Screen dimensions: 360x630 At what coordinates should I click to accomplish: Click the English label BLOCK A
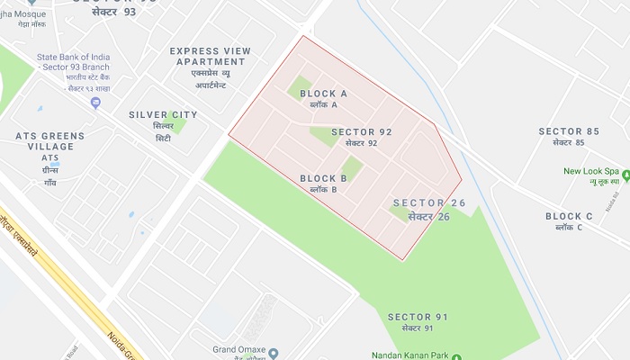[x=323, y=94]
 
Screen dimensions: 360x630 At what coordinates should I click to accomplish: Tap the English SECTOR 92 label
[x=362, y=132]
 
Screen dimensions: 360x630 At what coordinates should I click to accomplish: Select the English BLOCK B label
[x=323, y=178]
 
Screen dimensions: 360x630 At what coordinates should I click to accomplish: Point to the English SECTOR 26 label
[x=429, y=202]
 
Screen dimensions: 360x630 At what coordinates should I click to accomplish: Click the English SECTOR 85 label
[x=569, y=131]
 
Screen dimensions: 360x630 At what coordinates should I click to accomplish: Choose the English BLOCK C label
[x=569, y=216]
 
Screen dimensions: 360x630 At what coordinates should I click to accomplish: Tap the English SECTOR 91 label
[x=418, y=317]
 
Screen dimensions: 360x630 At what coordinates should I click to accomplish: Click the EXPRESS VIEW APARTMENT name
[x=208, y=56]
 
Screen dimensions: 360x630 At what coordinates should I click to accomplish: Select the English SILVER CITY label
[x=163, y=114]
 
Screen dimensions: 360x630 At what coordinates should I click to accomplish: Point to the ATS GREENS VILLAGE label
[x=50, y=141]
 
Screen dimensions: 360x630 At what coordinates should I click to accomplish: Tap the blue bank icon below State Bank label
[x=95, y=103]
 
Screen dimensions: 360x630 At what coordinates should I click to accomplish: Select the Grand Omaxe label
[x=237, y=349]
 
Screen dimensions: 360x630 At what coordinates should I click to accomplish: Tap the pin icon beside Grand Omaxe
[x=274, y=353]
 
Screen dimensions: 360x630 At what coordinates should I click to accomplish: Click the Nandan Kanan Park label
[x=409, y=355]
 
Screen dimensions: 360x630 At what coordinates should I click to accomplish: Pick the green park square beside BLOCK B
[x=352, y=168]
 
